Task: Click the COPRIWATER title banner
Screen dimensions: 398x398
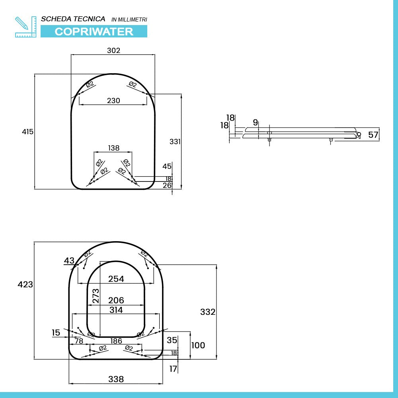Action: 94,31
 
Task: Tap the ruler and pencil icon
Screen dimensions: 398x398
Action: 25,27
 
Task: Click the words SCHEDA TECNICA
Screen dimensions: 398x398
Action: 73,19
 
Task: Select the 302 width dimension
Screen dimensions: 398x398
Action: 113,51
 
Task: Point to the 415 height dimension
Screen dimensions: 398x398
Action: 27,132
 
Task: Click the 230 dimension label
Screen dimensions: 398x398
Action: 113,101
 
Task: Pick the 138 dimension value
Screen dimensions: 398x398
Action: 113,148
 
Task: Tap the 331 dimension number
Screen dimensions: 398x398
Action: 175,141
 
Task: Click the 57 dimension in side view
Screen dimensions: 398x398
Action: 373,135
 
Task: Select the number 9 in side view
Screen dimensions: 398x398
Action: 255,122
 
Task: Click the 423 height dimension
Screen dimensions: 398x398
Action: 25,285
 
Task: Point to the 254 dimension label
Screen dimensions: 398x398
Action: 116,279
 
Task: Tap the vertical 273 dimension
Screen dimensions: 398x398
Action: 96,296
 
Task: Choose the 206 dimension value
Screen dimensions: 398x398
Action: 116,300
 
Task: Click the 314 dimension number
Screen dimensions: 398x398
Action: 116,310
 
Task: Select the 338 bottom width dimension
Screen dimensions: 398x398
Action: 116,379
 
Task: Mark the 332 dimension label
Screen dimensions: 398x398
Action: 208,312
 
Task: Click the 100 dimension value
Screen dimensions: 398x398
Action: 198,345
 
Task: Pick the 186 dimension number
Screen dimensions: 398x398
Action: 116,341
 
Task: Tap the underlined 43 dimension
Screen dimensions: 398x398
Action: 69,261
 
